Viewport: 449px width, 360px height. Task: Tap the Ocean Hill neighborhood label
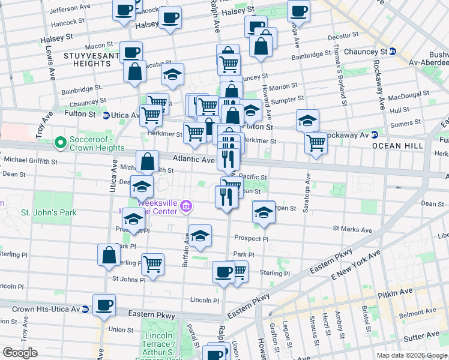point(397,146)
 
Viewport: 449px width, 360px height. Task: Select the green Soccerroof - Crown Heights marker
point(60,143)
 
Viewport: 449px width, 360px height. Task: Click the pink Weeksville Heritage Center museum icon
point(186,208)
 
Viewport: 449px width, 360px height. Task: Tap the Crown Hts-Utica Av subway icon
point(85,310)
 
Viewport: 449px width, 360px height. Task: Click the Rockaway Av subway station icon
point(373,134)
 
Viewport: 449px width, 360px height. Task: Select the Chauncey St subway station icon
point(392,52)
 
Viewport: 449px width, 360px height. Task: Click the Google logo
point(20,353)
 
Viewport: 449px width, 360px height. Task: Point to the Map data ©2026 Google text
point(412,355)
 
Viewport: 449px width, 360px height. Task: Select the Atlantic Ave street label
point(193,160)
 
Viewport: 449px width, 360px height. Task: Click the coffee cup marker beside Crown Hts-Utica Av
point(104,305)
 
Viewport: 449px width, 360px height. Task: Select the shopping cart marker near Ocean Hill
point(316,143)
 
